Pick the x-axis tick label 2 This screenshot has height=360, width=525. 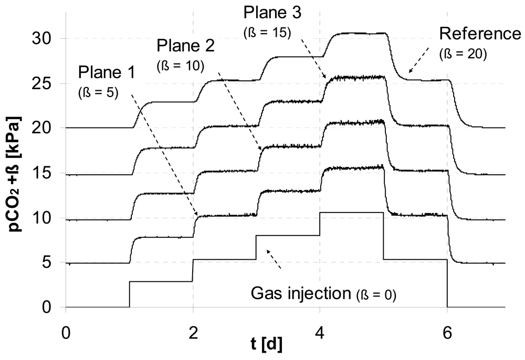click(x=193, y=333)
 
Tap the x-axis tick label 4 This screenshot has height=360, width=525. click(x=320, y=333)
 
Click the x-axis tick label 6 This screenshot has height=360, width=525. click(x=447, y=333)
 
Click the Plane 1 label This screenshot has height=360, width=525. click(x=104, y=71)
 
